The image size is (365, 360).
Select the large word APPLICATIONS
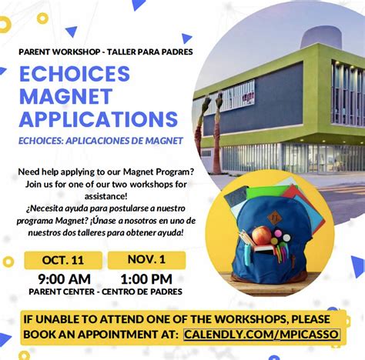pyautogui.click(x=98, y=118)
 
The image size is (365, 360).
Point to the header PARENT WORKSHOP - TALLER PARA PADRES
pyautogui.click(x=105, y=52)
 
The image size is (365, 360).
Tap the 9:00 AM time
pyautogui.click(x=64, y=278)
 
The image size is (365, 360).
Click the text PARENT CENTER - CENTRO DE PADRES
pyautogui.click(x=105, y=292)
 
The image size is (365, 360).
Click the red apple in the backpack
pyautogui.click(x=262, y=235)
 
